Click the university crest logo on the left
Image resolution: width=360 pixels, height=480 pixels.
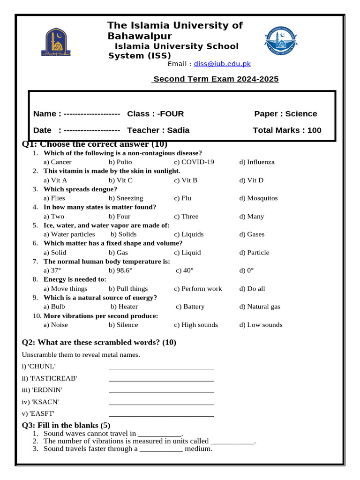click(59, 43)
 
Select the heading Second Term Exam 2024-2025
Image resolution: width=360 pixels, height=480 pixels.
click(216, 79)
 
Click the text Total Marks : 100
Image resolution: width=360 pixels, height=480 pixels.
click(287, 130)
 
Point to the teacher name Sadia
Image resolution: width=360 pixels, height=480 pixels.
click(178, 130)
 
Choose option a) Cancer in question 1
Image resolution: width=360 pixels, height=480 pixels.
click(58, 162)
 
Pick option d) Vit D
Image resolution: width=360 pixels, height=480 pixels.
click(251, 180)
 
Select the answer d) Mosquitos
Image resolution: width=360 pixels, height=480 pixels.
click(258, 198)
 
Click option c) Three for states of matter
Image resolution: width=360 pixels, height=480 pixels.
click(186, 217)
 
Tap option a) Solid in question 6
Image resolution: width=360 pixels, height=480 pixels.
click(55, 253)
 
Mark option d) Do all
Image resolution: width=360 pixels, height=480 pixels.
click(252, 289)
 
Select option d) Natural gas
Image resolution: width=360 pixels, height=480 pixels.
click(260, 307)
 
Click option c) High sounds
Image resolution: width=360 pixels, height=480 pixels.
click(196, 325)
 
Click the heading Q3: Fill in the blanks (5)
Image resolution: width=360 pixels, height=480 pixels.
click(66, 425)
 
